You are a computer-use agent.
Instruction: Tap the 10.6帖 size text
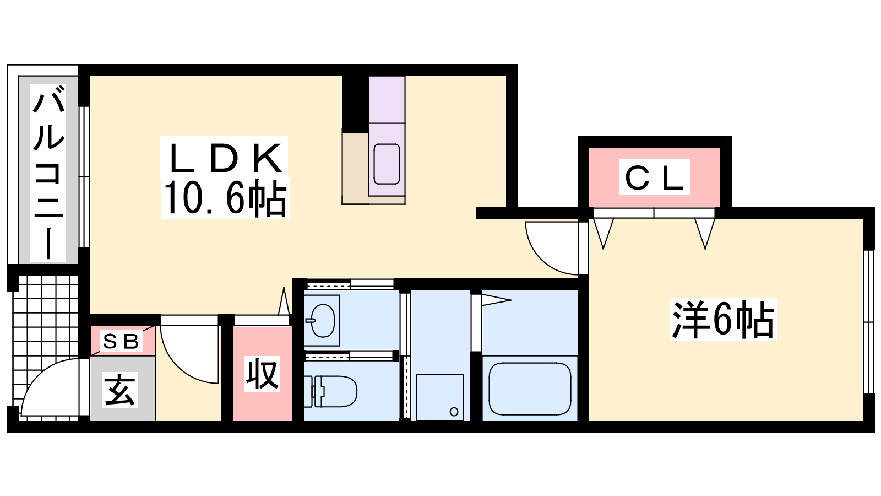225,198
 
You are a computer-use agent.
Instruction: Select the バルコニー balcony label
48,173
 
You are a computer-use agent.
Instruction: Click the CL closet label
654,177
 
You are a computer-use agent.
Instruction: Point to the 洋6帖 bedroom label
723,319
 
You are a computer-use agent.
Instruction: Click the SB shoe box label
121,341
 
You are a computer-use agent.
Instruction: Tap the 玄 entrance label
119,389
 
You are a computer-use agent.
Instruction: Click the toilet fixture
330,391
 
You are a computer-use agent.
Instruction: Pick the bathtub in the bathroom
530,389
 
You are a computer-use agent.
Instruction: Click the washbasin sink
322,320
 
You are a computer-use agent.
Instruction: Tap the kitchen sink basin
387,164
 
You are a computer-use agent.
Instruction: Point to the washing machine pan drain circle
454,412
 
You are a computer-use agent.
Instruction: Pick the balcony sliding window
84,177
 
